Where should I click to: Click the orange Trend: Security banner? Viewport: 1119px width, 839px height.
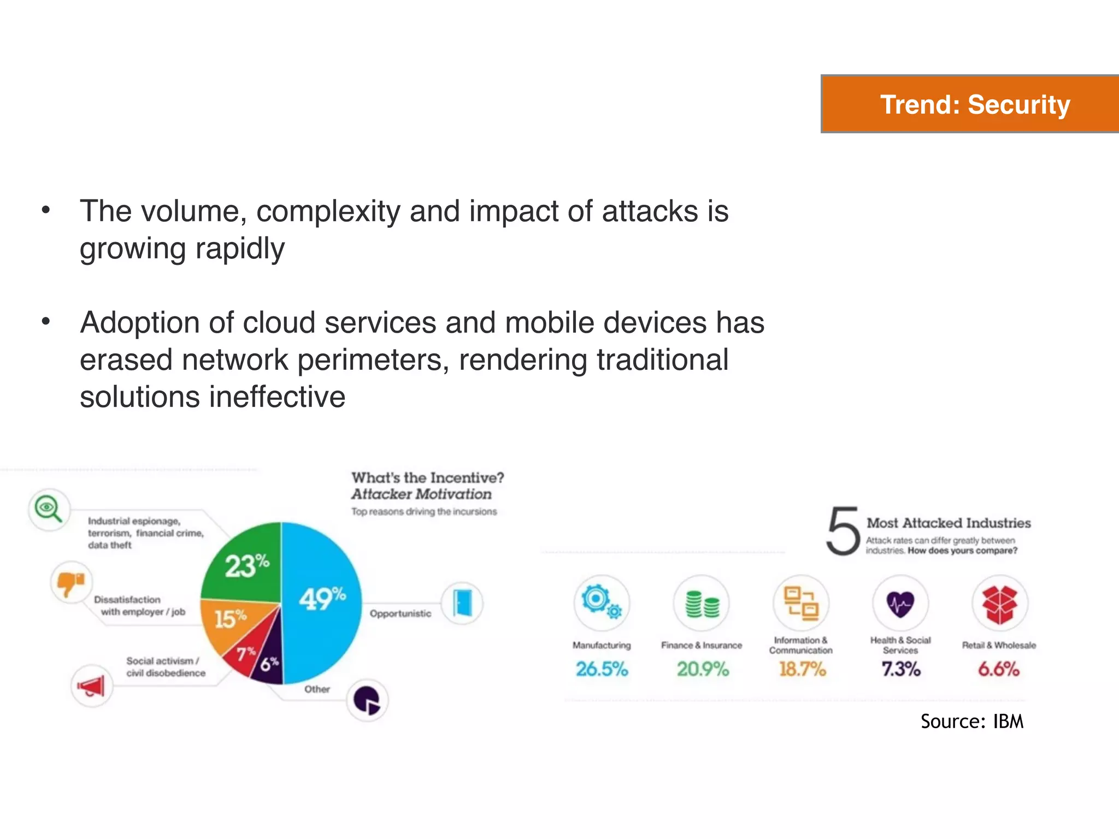tap(970, 104)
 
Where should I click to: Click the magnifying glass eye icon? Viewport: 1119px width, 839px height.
tap(49, 510)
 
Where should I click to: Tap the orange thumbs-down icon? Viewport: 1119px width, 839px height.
tap(71, 582)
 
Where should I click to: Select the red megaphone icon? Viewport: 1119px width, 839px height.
tap(92, 686)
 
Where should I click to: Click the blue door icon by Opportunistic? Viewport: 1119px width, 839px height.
tap(462, 603)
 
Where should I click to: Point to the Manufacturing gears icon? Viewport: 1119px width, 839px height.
tap(601, 602)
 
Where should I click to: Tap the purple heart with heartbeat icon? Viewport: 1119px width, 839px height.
tap(900, 604)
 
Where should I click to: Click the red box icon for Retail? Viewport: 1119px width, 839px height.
tap(999, 604)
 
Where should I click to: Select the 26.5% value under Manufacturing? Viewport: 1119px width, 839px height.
tap(602, 669)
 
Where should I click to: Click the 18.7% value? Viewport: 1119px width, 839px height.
tap(802, 669)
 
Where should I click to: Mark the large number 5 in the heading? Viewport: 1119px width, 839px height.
tap(843, 531)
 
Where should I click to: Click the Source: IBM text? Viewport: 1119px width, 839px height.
tap(971, 722)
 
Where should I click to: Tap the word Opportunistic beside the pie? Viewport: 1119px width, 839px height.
tap(400, 613)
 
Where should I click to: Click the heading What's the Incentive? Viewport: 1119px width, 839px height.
tap(427, 477)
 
